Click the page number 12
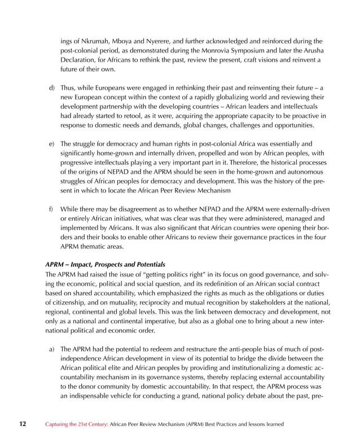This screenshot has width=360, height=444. point(22,423)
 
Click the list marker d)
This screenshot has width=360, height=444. point(51,89)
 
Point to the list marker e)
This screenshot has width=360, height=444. point(51,144)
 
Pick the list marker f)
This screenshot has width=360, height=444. point(51,209)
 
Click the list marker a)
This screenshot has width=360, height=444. point(51,349)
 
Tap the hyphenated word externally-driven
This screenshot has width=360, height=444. point(295,209)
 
